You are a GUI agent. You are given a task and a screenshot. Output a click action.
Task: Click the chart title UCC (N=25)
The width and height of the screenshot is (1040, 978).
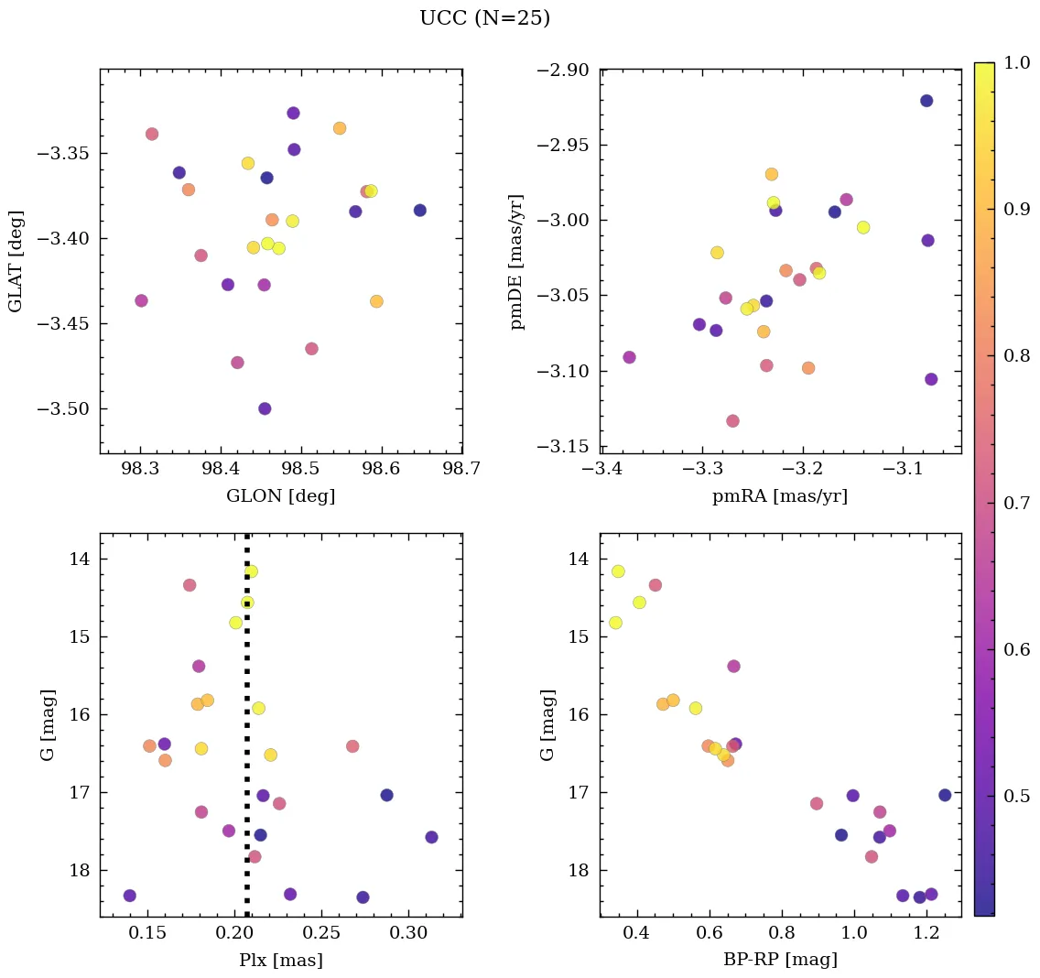pos(484,18)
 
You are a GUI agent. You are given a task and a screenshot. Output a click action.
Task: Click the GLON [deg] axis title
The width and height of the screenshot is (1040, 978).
pos(280,496)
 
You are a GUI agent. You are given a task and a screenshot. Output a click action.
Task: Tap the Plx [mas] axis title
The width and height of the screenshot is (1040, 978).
pos(280,961)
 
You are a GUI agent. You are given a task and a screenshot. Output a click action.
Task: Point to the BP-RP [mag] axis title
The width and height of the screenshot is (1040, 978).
pos(780,961)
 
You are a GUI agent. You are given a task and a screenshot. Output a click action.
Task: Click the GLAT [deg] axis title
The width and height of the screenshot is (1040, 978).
pos(16,261)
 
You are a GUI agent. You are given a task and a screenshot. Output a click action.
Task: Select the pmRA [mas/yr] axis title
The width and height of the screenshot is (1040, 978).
pos(780,496)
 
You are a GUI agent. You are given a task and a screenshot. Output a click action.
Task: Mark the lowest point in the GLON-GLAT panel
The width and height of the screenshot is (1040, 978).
pos(265,408)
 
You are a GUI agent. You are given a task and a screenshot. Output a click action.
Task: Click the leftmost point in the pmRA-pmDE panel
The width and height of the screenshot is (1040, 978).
pos(629,357)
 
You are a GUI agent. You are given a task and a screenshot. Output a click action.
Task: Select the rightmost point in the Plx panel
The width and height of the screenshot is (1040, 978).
pos(431,837)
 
